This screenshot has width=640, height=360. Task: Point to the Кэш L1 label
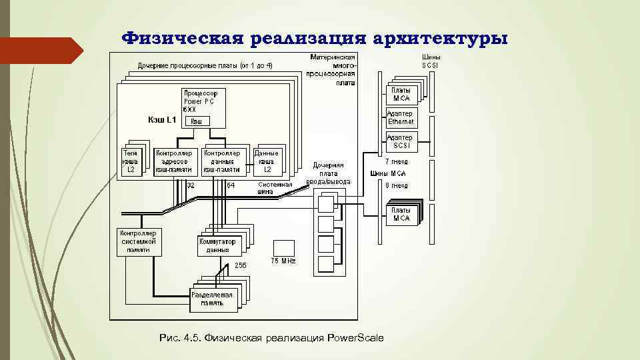[x=161, y=120]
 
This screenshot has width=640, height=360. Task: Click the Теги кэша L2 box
[x=131, y=161]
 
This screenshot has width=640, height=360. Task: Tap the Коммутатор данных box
[x=218, y=246]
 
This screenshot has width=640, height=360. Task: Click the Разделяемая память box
[x=212, y=298]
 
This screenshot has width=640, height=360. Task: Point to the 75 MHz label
[x=283, y=260]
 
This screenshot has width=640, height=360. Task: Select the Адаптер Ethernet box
[x=401, y=117]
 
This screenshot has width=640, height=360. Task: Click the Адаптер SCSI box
[x=401, y=141]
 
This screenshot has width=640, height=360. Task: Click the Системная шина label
[x=275, y=187]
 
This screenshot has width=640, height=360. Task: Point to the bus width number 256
[x=240, y=265]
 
